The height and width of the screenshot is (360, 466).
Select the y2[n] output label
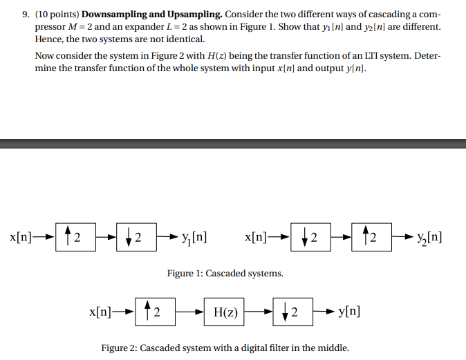tap(429, 238)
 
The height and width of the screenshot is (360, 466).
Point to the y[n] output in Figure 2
tap(348, 312)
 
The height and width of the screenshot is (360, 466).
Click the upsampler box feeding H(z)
tap(155, 312)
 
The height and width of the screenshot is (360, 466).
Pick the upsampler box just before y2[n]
tap(371, 238)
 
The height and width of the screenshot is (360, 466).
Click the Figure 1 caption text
tap(225, 274)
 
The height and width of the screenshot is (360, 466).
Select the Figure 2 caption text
tap(225, 348)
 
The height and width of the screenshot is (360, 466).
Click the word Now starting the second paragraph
tap(45, 58)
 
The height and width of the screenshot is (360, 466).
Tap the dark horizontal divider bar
tap(233, 144)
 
